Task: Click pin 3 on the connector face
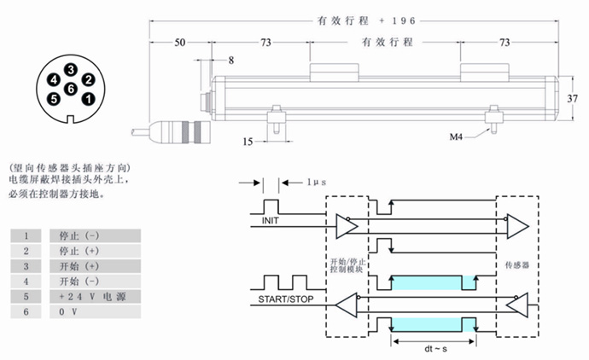71,69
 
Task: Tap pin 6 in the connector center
71,88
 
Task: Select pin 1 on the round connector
88,99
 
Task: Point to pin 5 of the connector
54,99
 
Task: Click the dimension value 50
179,42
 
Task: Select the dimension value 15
247,142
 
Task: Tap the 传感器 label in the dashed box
518,265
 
